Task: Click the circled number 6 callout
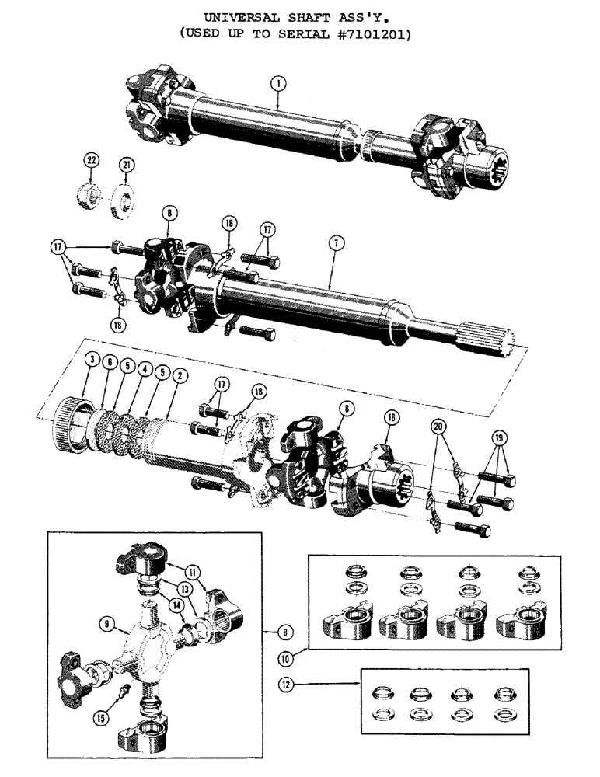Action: [x=110, y=362]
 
